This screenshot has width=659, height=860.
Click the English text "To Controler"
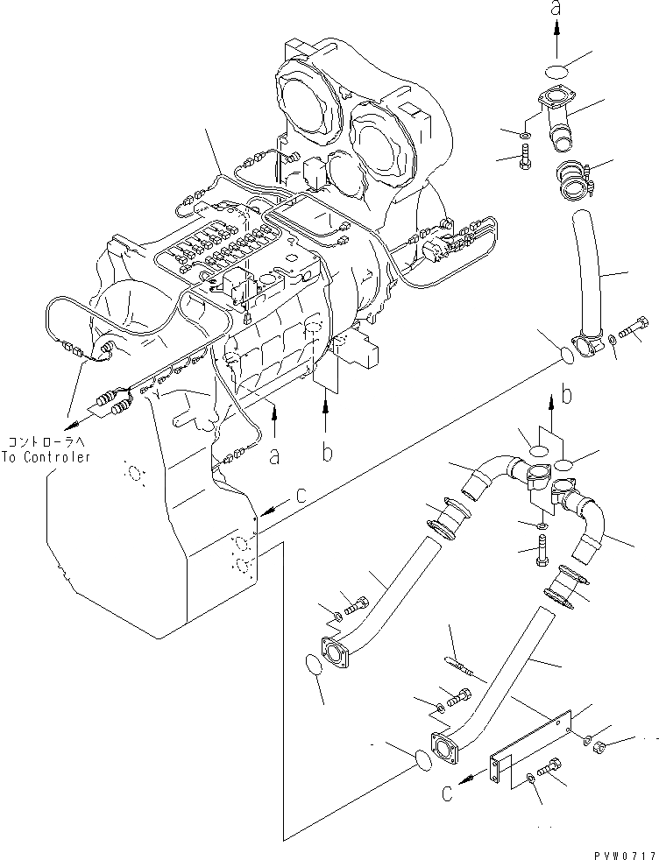pos(46,457)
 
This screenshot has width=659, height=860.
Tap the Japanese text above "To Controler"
pos(46,442)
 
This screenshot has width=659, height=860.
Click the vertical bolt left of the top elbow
pos(524,163)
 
